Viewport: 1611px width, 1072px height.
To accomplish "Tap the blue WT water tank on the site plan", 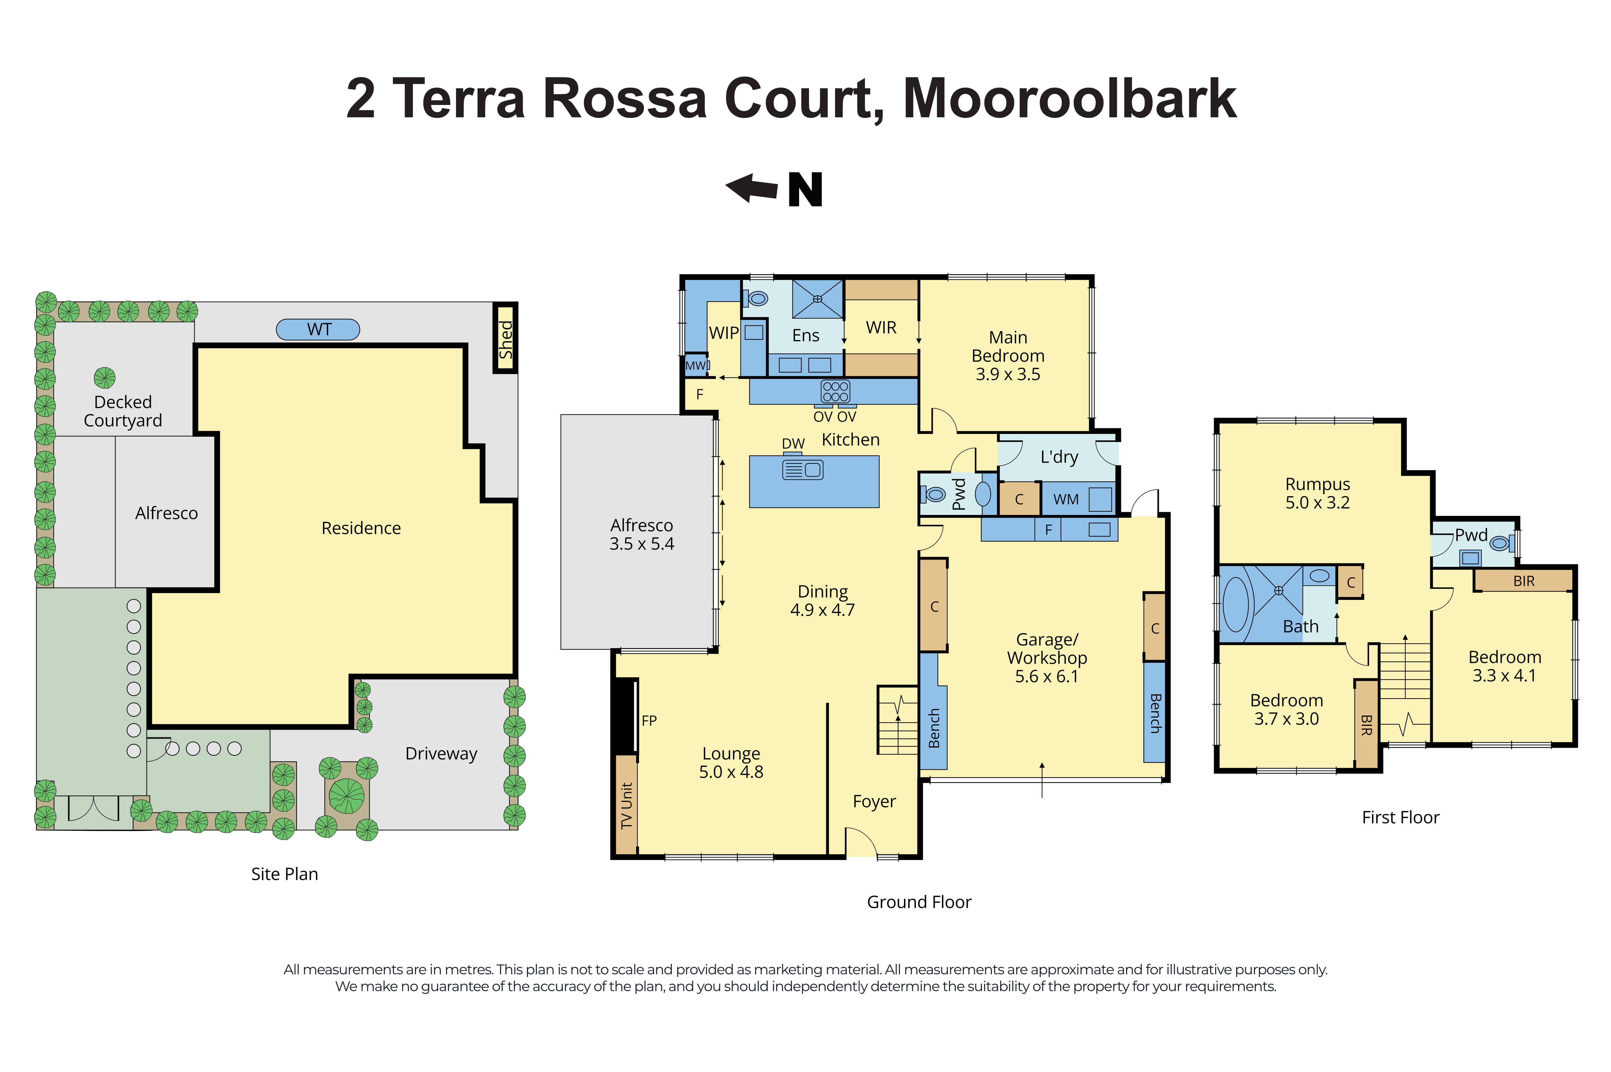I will coord(318,330).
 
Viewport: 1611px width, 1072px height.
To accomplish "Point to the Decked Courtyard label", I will coord(123,411).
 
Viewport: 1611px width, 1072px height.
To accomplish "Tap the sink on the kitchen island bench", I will coord(803,470).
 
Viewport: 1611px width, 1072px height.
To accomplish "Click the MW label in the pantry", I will coord(695,365).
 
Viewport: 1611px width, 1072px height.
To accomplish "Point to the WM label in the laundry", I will coord(1065,500).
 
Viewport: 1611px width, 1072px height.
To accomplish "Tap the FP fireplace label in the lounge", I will coord(649,721).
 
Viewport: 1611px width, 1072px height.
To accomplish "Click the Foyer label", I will coord(874,801).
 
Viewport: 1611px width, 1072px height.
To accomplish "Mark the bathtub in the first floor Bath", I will coord(1235,604).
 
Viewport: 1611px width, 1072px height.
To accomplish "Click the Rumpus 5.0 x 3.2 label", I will coord(1317,493).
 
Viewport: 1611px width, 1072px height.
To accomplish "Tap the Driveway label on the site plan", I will coord(441,753).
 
